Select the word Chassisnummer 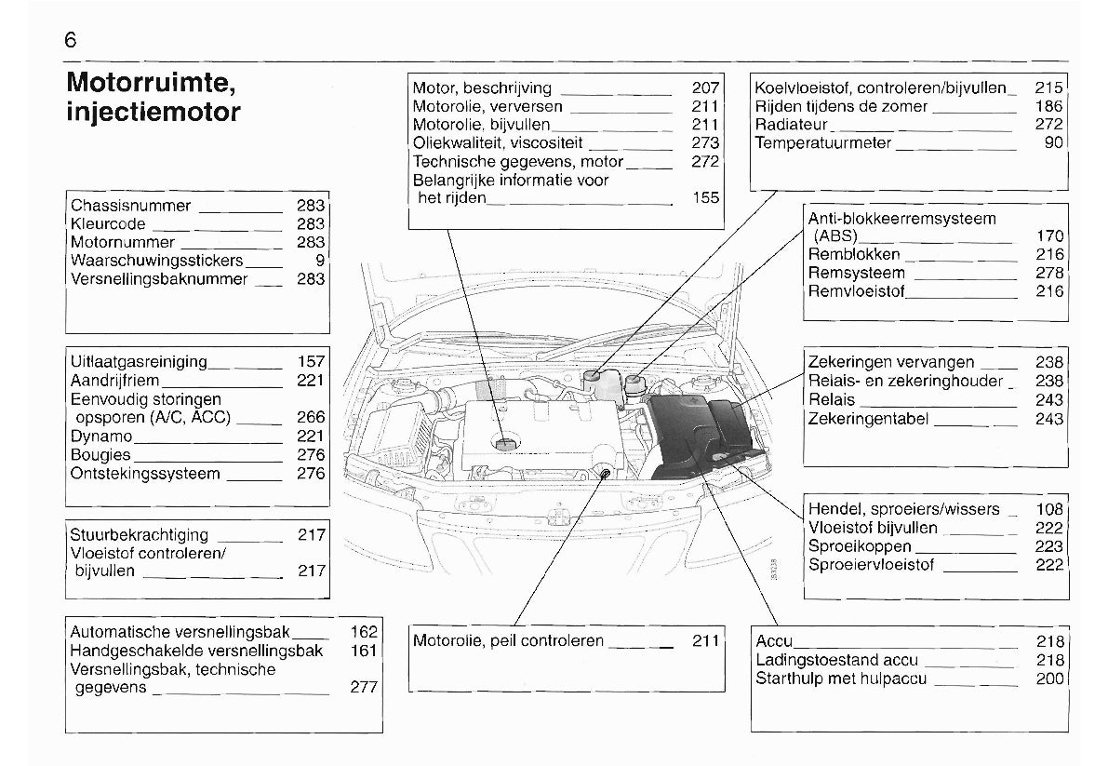click(130, 206)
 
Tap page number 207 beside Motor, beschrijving click(706, 88)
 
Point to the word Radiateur click(791, 125)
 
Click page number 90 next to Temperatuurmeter click(1053, 143)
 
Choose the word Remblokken click(854, 254)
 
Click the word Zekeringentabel click(868, 419)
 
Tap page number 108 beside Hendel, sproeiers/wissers click(1048, 509)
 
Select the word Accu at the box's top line click(774, 641)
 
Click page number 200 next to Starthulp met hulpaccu click(1048, 679)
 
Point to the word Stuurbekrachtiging click(140, 535)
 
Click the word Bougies click(100, 455)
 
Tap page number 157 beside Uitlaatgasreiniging click(311, 362)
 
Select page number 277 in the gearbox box click(364, 688)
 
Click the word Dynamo click(101, 437)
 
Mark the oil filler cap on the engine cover click(507, 444)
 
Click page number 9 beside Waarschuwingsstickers click(319, 261)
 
